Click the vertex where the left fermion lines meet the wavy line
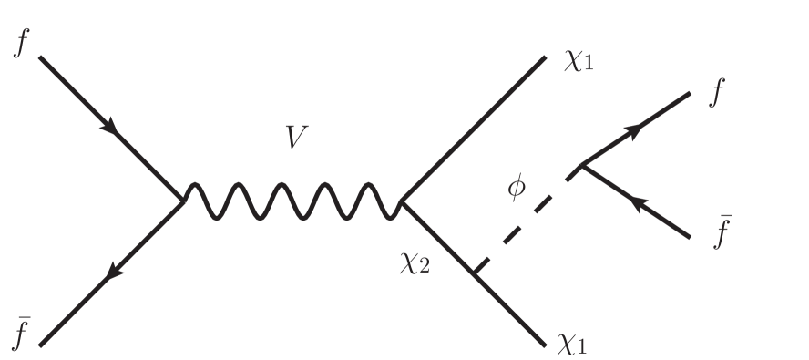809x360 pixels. [185, 200]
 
